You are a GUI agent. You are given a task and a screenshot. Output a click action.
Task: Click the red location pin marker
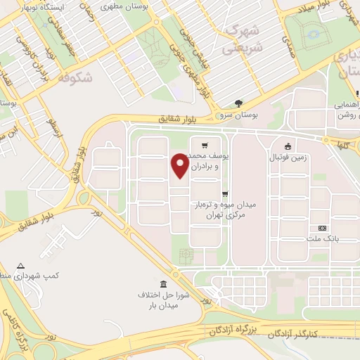click(180, 166)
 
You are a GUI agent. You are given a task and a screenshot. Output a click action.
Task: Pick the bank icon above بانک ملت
click(323, 229)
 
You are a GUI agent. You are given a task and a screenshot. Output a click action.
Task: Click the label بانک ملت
click(323, 239)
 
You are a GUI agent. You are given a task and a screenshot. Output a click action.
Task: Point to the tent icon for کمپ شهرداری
click(20, 266)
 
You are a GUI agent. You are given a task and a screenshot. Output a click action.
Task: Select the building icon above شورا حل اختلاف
click(164, 283)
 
